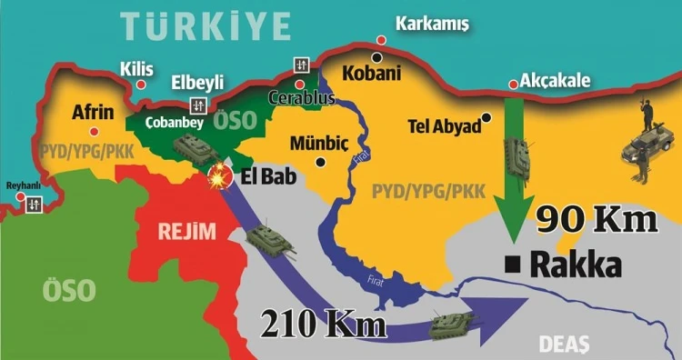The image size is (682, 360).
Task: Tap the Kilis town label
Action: pyautogui.click(x=136, y=69)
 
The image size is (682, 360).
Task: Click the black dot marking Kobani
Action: pyautogui.click(x=376, y=57)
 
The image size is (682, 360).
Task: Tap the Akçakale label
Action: pyautogui.click(x=556, y=81)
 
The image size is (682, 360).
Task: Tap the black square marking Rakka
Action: pyautogui.click(x=513, y=265)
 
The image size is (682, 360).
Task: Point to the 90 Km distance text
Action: pyautogui.click(x=595, y=221)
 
